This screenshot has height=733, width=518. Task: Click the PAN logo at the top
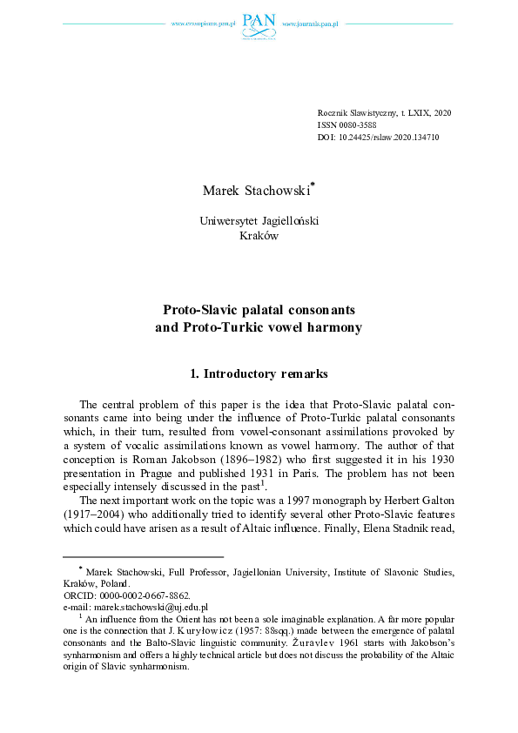(x=259, y=24)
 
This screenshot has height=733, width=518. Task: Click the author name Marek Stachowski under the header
(x=255, y=190)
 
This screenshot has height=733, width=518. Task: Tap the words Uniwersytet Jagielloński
(x=259, y=221)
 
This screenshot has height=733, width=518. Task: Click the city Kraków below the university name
(x=258, y=236)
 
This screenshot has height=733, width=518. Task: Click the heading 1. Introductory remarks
(x=259, y=374)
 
